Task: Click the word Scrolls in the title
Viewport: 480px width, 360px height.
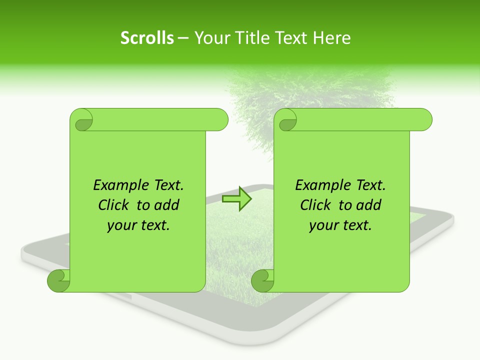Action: click(x=147, y=38)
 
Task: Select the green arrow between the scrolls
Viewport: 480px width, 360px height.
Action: click(x=236, y=198)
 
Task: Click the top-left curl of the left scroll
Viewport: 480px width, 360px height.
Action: click(x=82, y=120)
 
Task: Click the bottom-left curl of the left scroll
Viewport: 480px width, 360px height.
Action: click(x=59, y=280)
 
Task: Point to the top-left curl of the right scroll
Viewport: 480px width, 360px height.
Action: click(x=286, y=120)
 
